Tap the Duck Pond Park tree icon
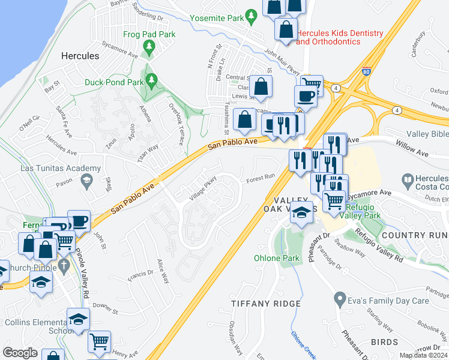pyautogui.click(x=152, y=79)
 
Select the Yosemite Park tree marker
pyautogui.click(x=250, y=19)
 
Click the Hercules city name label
pyautogui.click(x=80, y=56)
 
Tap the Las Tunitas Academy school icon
pyautogui.click(x=86, y=180)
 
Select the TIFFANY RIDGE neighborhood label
pyautogui.click(x=266, y=304)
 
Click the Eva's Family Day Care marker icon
pyautogui.click(x=340, y=298)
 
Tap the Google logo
pyautogui.click(x=20, y=352)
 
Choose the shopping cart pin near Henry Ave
pyautogui.click(x=99, y=341)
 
